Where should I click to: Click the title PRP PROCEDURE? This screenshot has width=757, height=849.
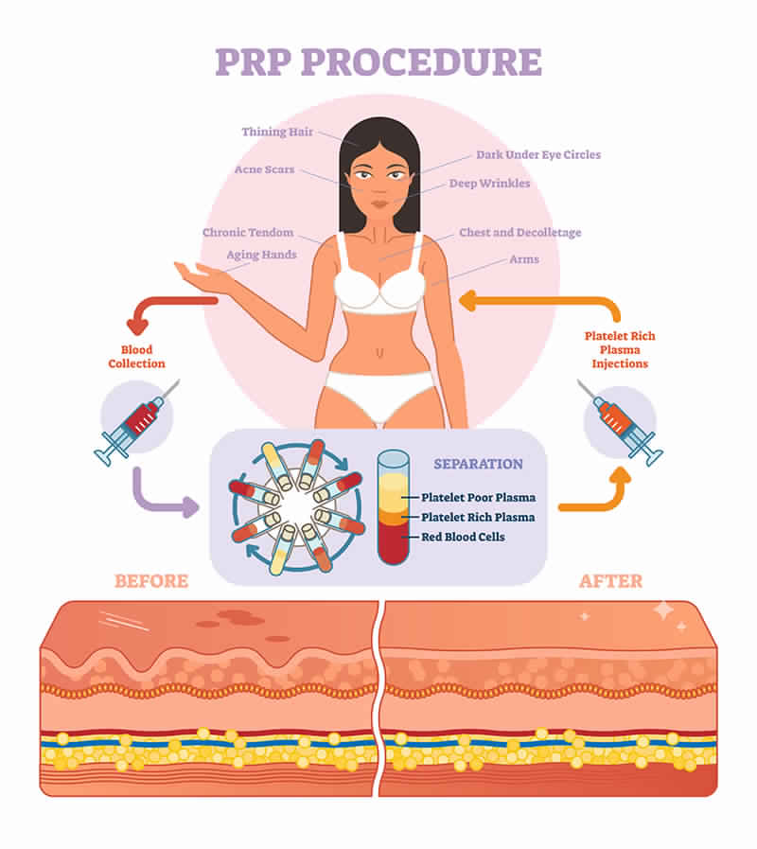pyautogui.click(x=378, y=61)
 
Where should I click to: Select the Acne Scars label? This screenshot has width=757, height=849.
pyautogui.click(x=264, y=170)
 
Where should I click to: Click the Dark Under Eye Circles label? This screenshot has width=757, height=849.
pyautogui.click(x=537, y=154)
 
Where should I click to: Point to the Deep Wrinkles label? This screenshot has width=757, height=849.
pyautogui.click(x=489, y=184)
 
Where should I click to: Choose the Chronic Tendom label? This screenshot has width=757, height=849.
pyautogui.click(x=248, y=233)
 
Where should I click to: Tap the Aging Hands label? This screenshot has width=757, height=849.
pyautogui.click(x=261, y=255)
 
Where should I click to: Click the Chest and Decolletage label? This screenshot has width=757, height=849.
pyautogui.click(x=519, y=233)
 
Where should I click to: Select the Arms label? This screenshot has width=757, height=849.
pyautogui.click(x=524, y=259)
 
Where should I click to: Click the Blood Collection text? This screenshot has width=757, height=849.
pyautogui.click(x=136, y=357)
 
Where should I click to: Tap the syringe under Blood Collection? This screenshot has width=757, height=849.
pyautogui.click(x=136, y=421)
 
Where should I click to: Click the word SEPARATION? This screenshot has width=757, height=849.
pyautogui.click(x=478, y=465)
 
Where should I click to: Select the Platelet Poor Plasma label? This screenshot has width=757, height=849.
pyautogui.click(x=480, y=498)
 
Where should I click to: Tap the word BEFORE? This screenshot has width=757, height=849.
pyautogui.click(x=151, y=581)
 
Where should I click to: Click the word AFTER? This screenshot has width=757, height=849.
pyautogui.click(x=609, y=581)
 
